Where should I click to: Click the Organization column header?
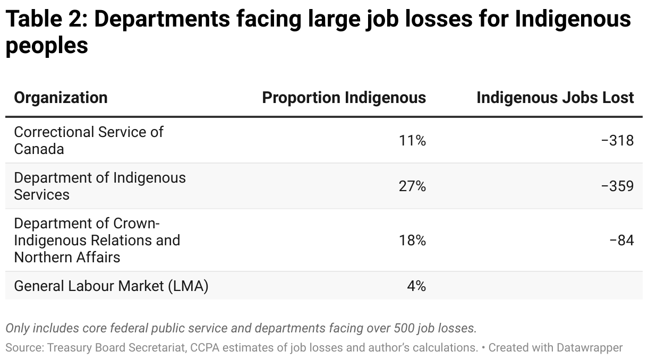click(x=61, y=98)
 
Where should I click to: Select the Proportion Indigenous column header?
click(x=344, y=98)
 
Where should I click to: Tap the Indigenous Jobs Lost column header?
click(x=555, y=98)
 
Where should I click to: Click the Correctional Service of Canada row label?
click(x=89, y=140)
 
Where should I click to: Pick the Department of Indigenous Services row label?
click(x=100, y=186)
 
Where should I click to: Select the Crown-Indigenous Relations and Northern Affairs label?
click(x=97, y=240)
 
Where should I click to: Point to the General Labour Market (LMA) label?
click(x=111, y=286)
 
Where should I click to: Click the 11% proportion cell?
click(x=412, y=141)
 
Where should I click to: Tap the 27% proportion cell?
click(x=412, y=186)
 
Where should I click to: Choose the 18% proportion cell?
click(x=412, y=241)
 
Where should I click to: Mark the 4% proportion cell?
click(x=416, y=286)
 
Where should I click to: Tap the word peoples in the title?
click(x=47, y=46)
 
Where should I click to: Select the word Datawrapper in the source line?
click(x=590, y=348)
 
